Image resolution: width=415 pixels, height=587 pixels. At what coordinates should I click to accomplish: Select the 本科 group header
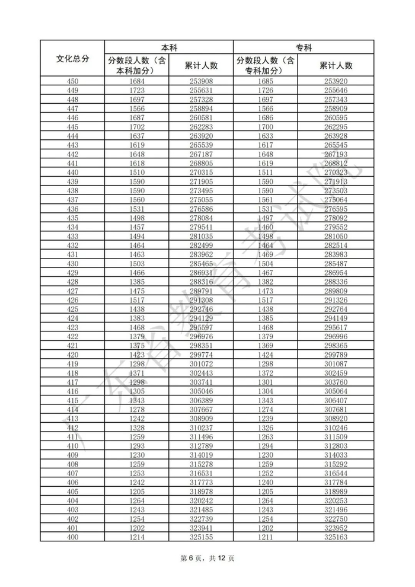(x=169, y=47)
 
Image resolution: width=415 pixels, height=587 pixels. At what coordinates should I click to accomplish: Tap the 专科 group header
(x=304, y=47)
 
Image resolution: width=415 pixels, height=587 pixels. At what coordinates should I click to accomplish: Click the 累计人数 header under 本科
(x=201, y=65)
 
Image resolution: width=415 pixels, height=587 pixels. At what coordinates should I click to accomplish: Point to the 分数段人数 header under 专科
(x=266, y=65)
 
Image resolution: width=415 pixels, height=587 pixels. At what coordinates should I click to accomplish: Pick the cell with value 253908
(x=201, y=81)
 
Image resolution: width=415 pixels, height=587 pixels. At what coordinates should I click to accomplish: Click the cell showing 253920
(x=336, y=81)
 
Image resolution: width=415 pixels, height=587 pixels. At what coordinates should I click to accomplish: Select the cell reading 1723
(x=137, y=90)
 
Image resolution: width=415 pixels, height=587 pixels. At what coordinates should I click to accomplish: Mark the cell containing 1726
(x=266, y=90)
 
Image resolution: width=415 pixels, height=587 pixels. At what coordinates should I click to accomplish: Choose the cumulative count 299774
(x=201, y=355)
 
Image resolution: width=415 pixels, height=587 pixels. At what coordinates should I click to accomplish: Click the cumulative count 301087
(x=336, y=363)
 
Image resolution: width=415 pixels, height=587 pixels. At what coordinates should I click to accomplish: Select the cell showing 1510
(x=137, y=172)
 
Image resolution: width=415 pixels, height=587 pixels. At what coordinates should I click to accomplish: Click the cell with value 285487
(x=336, y=263)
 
